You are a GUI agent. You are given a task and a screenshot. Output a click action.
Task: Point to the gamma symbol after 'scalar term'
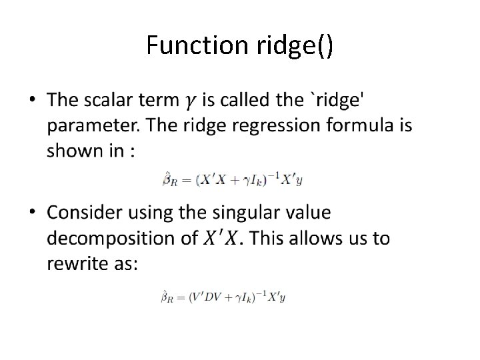coord(190,102)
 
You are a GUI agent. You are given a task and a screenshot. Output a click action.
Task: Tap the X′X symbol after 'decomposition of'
coord(221,238)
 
